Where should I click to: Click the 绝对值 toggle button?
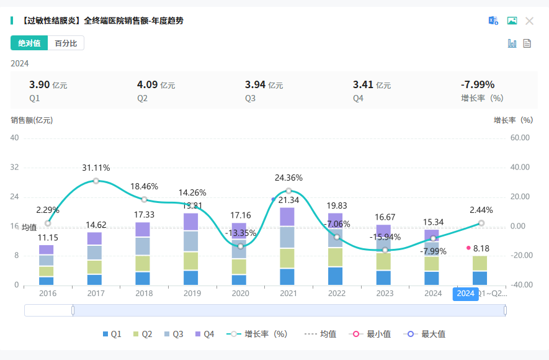29,43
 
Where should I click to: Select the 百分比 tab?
66,43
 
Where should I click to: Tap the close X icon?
529,20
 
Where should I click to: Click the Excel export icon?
493,20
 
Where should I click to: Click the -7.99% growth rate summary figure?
477,85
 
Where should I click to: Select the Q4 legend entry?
205,334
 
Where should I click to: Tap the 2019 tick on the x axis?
192,294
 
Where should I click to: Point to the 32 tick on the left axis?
14,167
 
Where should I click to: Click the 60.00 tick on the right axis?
519,138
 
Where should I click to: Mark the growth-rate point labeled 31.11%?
96,181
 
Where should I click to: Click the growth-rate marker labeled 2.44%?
481,223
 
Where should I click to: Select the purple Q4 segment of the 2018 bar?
143,230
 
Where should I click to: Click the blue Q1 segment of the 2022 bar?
336,276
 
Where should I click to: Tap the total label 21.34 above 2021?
289,200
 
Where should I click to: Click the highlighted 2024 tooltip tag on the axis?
465,294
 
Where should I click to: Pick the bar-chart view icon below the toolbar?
512,43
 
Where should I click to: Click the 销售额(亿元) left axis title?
32,120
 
